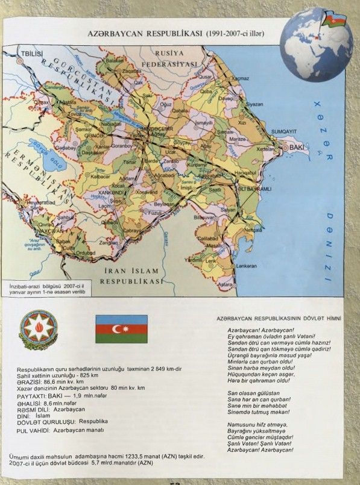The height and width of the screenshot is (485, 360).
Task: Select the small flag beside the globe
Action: click(x=334, y=18)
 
